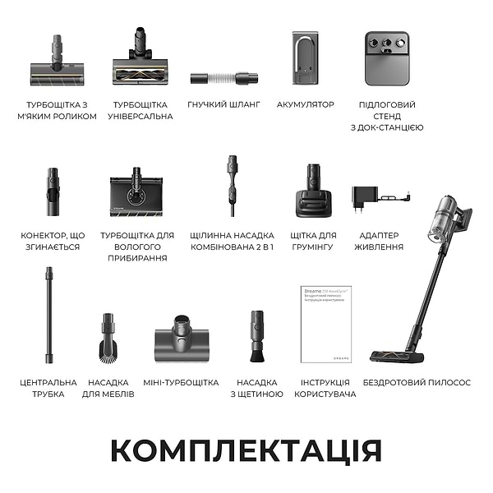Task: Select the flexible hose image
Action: point(224,78)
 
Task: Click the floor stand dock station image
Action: point(386,60)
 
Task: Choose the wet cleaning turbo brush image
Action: point(137,194)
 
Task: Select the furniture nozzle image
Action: point(108,337)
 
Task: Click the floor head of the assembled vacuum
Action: point(398,356)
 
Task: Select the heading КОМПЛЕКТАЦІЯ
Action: point(246,450)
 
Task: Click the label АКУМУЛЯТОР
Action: point(306,105)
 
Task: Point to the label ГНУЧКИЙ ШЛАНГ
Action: point(224,105)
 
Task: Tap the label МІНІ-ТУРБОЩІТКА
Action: point(181,383)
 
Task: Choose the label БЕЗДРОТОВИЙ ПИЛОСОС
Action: point(417,383)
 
